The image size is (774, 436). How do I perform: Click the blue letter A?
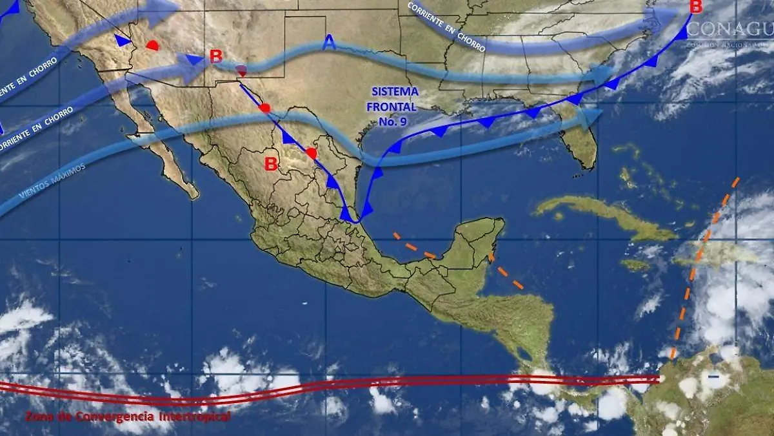point(329,43)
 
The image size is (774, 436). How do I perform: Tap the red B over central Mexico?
point(271,164)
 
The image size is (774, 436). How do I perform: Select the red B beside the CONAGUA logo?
point(695,8)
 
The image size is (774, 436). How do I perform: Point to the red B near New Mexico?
point(216,56)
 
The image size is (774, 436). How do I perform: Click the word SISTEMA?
point(394,92)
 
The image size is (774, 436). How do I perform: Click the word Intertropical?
point(193,417)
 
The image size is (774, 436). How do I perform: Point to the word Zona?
point(40,415)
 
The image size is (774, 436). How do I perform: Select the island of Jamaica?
point(635,264)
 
